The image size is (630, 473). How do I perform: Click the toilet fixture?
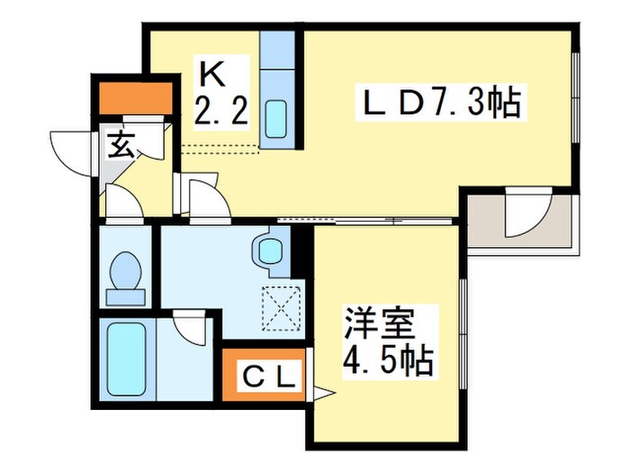click(125, 271)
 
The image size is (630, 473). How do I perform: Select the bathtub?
click(124, 361)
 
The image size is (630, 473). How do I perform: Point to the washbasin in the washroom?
click(269, 250)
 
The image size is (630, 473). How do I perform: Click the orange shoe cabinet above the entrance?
click(136, 97)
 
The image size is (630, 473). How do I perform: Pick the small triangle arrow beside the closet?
click(321, 392)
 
